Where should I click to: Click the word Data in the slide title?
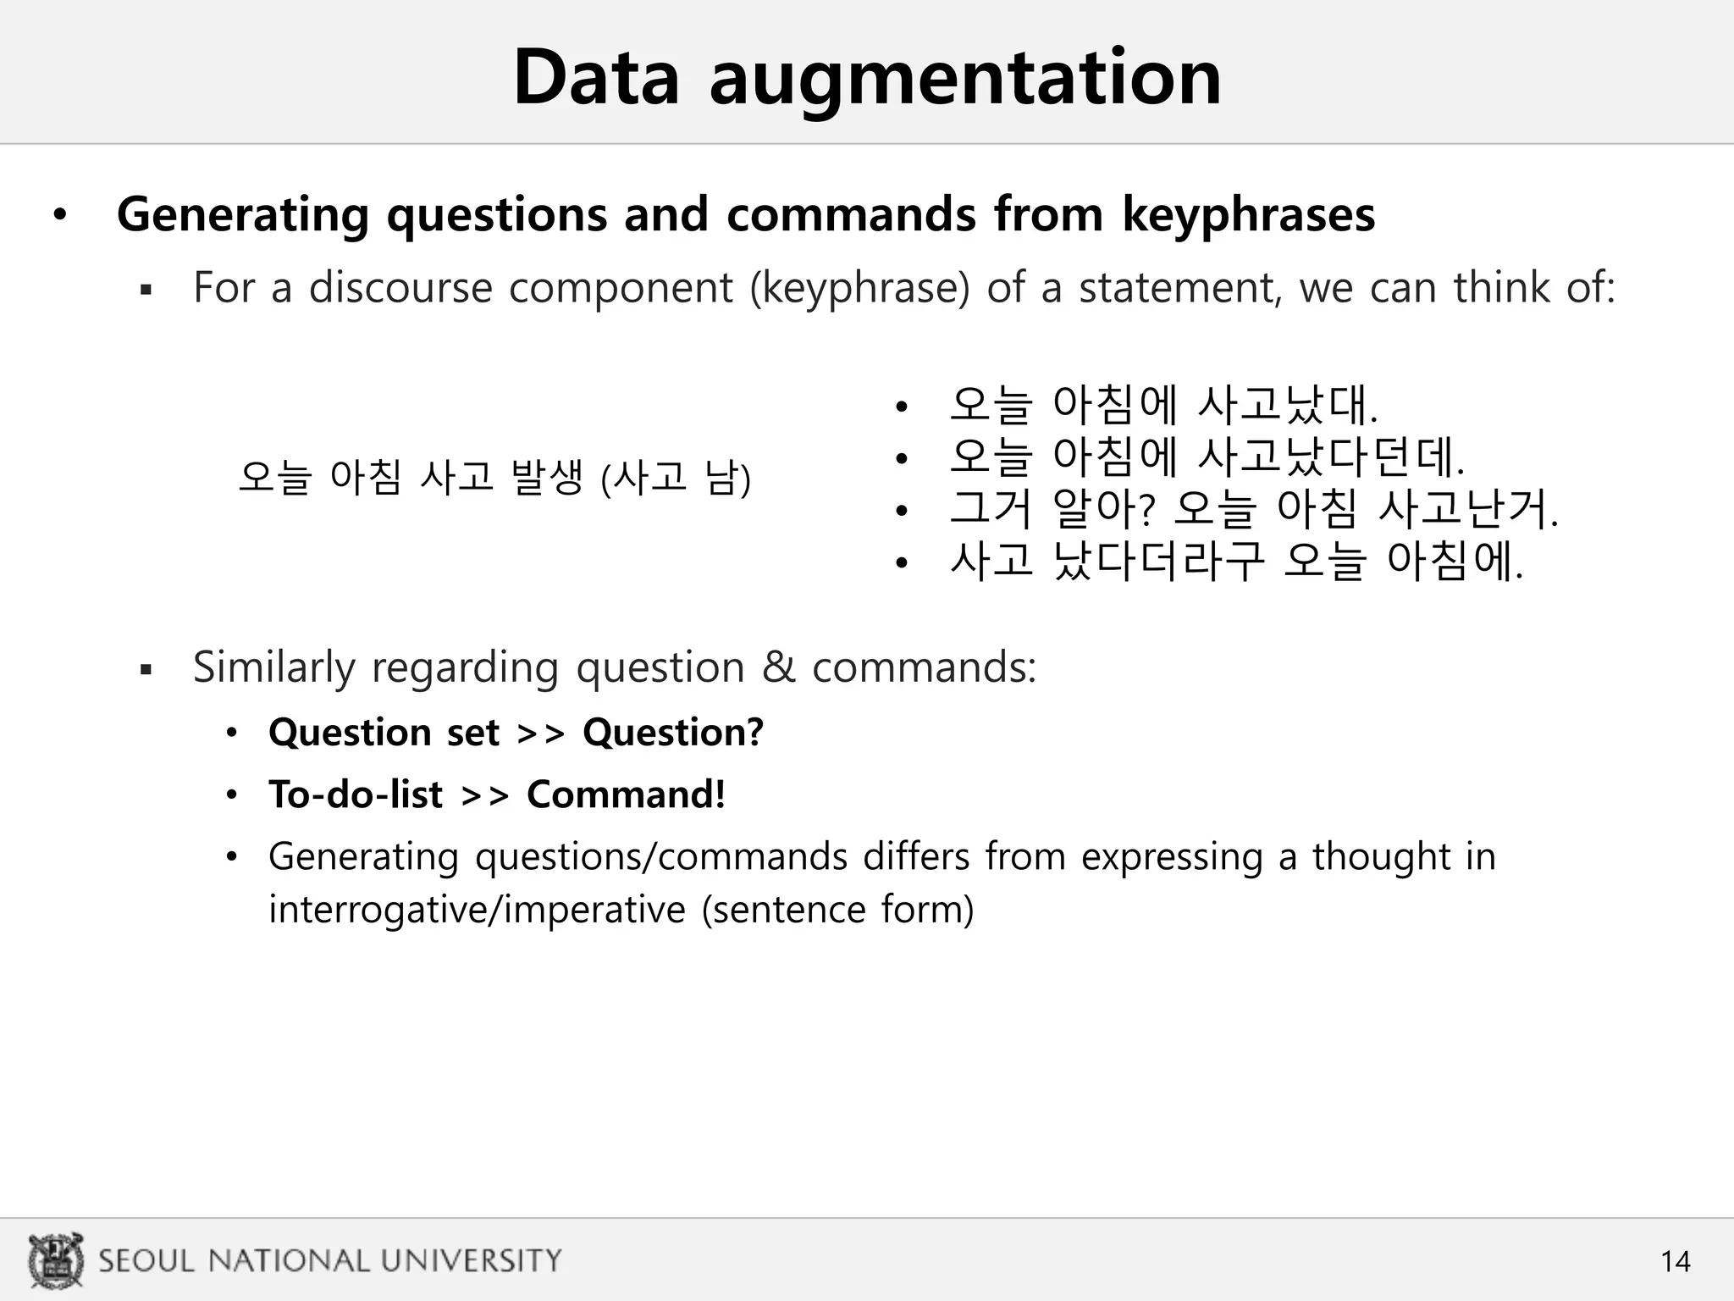pos(596,78)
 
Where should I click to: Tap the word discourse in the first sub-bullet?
pos(400,288)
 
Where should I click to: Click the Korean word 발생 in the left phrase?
pos(547,478)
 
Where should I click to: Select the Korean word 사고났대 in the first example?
pos(1285,405)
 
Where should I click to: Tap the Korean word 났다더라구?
pos(1158,562)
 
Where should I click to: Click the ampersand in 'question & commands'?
pos(778,667)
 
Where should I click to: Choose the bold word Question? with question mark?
pos(673,733)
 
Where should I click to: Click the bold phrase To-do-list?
pos(356,795)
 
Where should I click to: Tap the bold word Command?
pos(626,795)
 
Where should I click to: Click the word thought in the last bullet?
pos(1382,857)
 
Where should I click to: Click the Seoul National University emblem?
pos(56,1260)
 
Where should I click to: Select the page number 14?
pos(1675,1262)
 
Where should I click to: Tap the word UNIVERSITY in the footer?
pos(471,1261)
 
